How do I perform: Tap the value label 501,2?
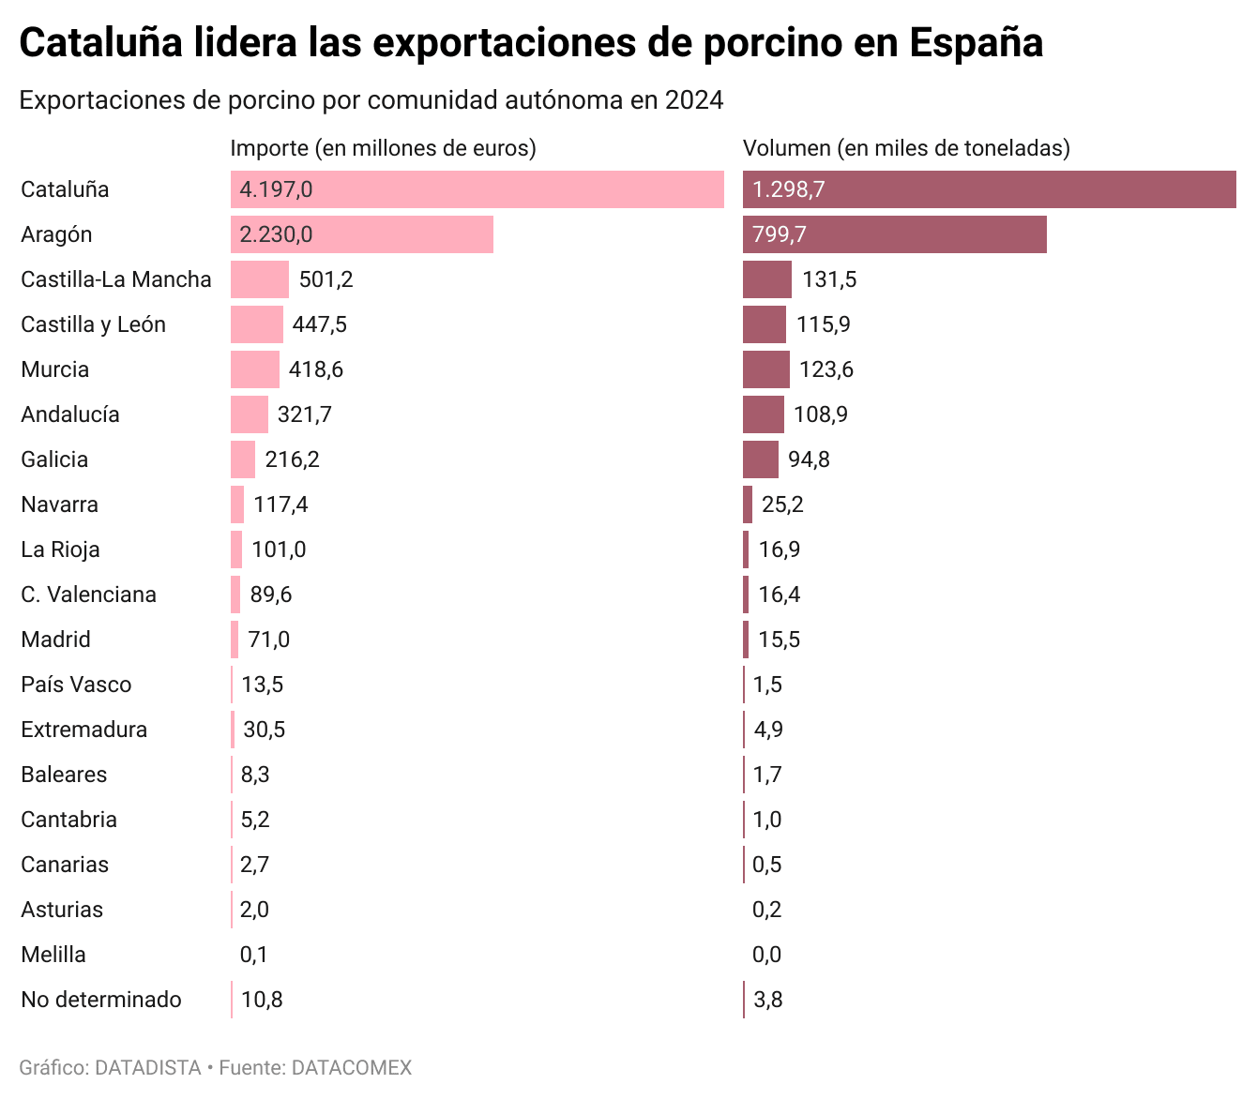(326, 279)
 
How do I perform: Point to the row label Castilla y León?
(93, 324)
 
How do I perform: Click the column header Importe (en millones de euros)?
(383, 148)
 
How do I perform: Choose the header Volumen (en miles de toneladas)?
(906, 148)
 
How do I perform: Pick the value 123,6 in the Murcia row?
(826, 369)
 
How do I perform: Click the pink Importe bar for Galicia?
(243, 459)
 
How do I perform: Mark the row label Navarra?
(59, 504)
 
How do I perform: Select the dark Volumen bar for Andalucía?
(763, 414)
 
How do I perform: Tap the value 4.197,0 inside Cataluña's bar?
(276, 189)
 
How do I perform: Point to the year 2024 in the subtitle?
(694, 100)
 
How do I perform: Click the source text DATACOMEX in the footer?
(352, 1067)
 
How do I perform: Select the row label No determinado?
(101, 1000)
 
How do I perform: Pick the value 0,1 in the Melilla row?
(254, 955)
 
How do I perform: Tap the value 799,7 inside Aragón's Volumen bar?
(779, 234)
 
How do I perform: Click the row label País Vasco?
(76, 685)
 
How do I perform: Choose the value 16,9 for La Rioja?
(780, 549)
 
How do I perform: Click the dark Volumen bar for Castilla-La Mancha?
(766, 279)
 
